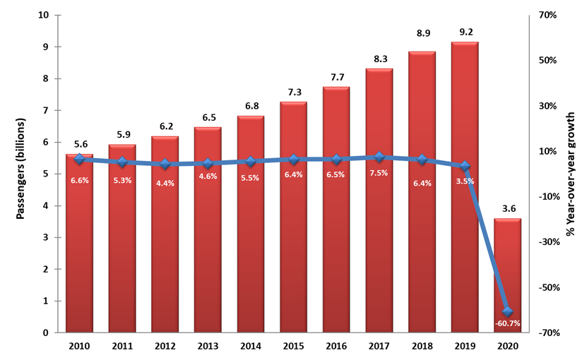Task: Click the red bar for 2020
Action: pos(507,275)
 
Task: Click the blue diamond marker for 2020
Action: pos(507,311)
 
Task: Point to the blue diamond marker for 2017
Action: pos(379,157)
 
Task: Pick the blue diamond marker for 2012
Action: pos(165,164)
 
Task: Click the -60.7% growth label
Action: pos(507,323)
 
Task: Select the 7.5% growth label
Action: pos(379,174)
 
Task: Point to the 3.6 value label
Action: pos(507,208)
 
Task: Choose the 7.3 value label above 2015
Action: pos(293,92)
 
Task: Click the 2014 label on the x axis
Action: pos(251,346)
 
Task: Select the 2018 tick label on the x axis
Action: pos(422,346)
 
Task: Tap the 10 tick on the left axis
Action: pos(44,15)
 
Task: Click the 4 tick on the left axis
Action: pos(46,206)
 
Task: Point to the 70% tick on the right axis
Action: pos(548,15)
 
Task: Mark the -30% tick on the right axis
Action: pos(548,242)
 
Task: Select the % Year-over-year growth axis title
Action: pos(570,173)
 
